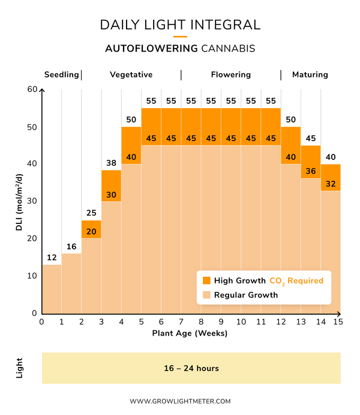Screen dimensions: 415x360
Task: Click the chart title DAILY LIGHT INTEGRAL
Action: [180, 25]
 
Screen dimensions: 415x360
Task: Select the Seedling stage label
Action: [61, 74]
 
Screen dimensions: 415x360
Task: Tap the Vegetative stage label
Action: [131, 74]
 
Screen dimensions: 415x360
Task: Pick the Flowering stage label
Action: [230, 74]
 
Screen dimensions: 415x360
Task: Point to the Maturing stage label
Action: [310, 74]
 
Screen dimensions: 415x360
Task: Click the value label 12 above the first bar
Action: [52, 258]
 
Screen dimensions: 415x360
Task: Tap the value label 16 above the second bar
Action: [71, 247]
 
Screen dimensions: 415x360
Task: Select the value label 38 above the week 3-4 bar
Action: [111, 163]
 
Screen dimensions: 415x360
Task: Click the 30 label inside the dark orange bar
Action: [111, 195]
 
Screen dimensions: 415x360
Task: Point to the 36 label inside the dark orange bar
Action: [311, 171]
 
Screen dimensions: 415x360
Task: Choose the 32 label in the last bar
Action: [331, 184]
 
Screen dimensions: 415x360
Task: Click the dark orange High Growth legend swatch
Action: [206, 280]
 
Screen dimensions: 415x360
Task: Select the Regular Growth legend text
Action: [246, 295]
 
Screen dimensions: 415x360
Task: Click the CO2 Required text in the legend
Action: [296, 280]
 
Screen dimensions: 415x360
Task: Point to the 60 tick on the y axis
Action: [32, 90]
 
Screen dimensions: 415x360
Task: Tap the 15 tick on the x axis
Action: [340, 322]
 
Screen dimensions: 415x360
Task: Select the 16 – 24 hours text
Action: [191, 368]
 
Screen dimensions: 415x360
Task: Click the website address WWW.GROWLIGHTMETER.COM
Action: [180, 401]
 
